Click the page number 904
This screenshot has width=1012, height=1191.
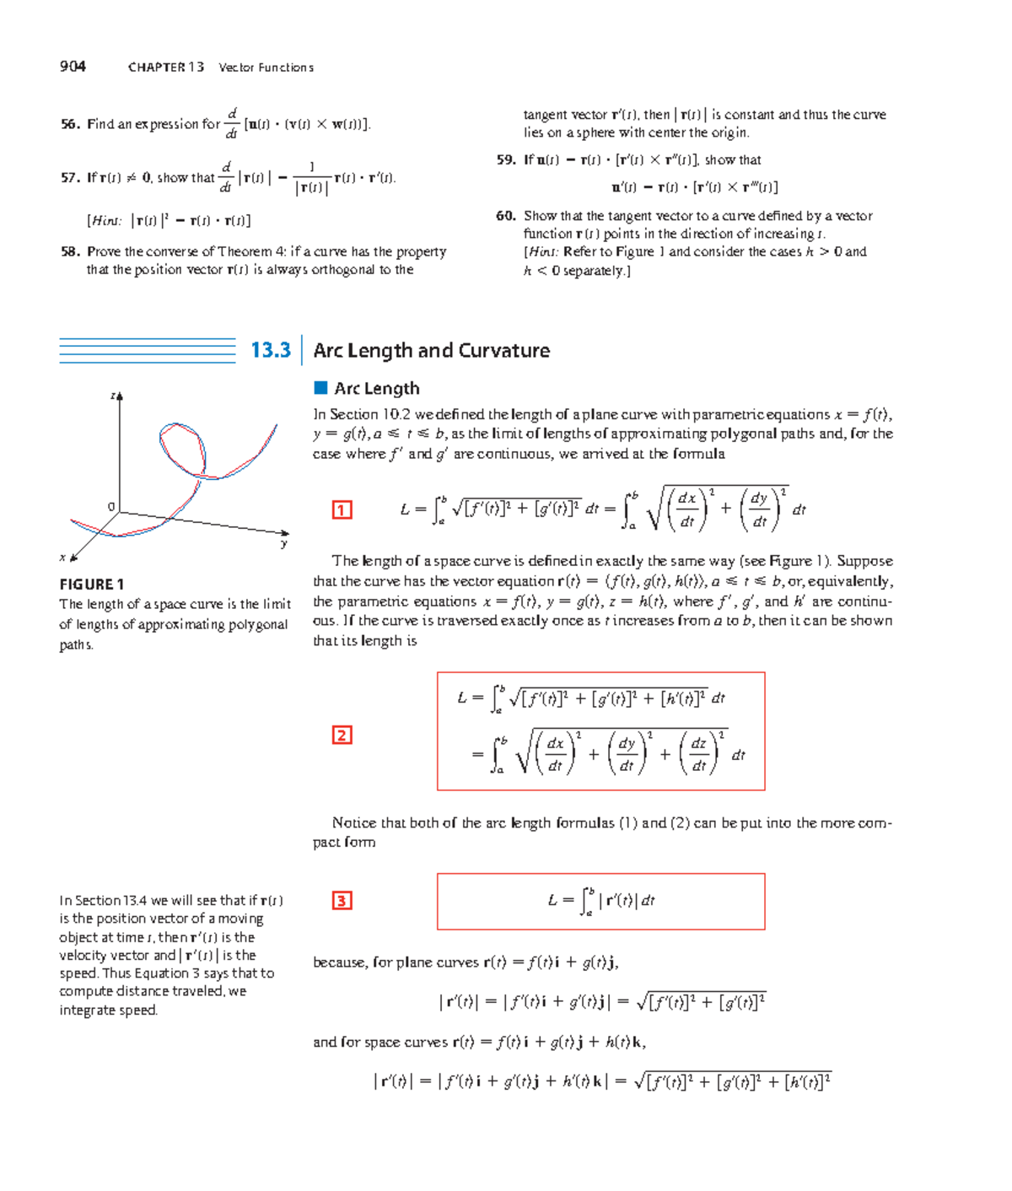click(x=73, y=67)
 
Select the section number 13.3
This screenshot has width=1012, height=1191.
click(x=270, y=350)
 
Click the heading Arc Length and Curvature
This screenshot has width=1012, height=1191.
click(x=431, y=350)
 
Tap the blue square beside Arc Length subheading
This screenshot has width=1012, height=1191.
click(x=320, y=388)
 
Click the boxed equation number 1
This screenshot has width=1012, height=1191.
click(x=342, y=509)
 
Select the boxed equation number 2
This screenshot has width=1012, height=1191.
click(x=342, y=735)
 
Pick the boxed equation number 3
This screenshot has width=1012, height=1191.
click(x=342, y=901)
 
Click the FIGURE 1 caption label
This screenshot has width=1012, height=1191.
click(x=92, y=584)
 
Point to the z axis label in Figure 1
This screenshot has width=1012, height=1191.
click(x=113, y=396)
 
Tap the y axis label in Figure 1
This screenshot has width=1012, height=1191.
click(x=284, y=544)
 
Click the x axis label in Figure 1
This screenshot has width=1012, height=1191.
click(x=62, y=557)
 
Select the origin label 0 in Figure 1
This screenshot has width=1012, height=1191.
click(x=110, y=506)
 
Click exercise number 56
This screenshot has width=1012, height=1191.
click(x=70, y=124)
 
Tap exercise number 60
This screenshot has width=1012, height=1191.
click(x=506, y=216)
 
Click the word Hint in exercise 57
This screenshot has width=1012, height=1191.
click(x=105, y=221)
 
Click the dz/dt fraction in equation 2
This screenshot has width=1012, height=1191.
click(x=698, y=755)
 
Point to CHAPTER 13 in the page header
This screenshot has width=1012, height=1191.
click(x=166, y=67)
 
